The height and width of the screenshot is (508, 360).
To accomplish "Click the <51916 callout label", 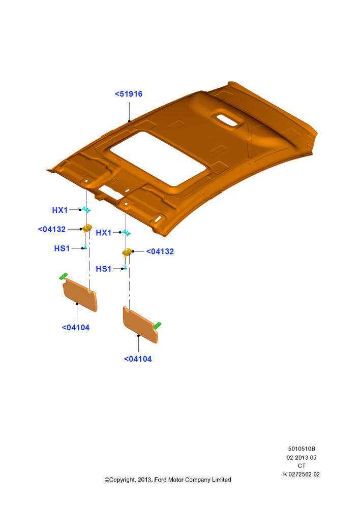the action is (x=129, y=94).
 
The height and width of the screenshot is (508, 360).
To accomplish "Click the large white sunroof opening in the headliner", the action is (x=158, y=158).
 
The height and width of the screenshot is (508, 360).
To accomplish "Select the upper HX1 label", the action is (x=60, y=210).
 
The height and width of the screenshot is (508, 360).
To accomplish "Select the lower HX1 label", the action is (x=103, y=233).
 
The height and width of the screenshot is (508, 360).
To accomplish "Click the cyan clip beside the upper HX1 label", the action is (x=86, y=210).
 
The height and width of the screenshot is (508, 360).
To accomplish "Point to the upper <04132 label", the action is (x=52, y=230).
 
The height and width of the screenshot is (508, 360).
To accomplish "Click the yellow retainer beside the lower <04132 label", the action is (x=127, y=252).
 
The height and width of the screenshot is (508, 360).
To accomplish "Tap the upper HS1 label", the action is (x=62, y=248).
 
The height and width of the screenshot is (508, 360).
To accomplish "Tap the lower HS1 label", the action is (x=103, y=269).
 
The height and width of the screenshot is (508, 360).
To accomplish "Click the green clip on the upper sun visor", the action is (x=64, y=276).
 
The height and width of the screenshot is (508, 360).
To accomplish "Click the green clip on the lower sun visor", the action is (x=157, y=326).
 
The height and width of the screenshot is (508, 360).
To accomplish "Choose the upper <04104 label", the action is (x=76, y=328).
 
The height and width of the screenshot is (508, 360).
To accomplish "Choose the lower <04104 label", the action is (x=138, y=359).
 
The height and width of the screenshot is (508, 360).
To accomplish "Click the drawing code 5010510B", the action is (x=302, y=449).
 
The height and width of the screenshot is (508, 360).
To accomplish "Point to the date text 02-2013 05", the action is (x=302, y=458).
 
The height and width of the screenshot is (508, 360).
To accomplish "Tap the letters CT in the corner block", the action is (x=302, y=466).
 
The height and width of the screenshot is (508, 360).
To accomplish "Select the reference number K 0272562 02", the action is (x=302, y=474).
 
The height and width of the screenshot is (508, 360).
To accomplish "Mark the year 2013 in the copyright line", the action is (x=144, y=480).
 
